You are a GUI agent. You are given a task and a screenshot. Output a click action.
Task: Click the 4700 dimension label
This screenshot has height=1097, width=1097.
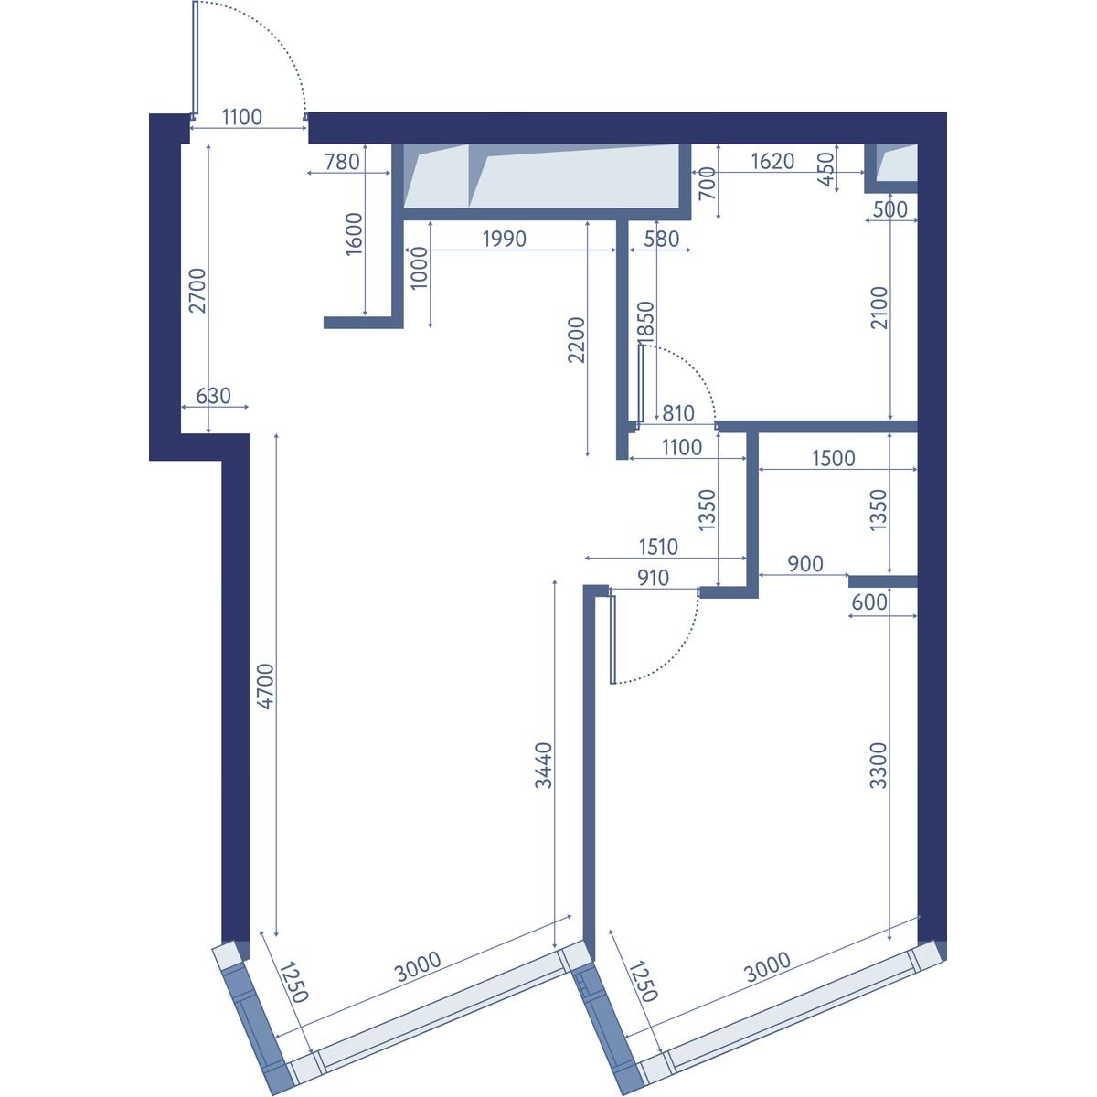(265, 686)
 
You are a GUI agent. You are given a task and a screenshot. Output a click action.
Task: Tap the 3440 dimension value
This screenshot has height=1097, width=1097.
(544, 765)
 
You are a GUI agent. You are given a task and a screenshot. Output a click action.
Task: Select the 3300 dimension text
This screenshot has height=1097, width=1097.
(879, 765)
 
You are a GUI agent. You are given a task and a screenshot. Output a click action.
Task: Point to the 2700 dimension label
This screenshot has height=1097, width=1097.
(198, 291)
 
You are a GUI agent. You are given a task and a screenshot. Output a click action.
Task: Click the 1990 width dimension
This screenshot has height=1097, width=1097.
(505, 240)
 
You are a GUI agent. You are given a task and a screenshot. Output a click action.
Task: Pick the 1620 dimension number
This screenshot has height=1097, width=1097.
(772, 162)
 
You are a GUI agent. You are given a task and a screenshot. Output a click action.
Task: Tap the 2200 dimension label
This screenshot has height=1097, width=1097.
(576, 340)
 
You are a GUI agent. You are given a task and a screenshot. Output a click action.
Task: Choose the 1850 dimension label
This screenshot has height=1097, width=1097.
(646, 324)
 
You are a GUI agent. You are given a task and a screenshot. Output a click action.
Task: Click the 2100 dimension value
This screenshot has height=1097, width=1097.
(879, 307)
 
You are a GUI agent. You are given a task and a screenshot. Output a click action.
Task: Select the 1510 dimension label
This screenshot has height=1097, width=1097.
(658, 547)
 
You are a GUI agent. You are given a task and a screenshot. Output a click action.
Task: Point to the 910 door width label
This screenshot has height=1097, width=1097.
(653, 579)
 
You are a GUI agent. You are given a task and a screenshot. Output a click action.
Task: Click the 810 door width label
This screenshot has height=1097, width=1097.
(678, 413)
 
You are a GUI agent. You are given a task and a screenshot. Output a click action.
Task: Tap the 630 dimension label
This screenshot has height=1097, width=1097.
(214, 396)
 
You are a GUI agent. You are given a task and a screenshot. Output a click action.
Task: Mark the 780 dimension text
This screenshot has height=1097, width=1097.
(342, 162)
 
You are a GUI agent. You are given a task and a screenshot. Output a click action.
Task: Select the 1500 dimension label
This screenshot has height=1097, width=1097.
(834, 458)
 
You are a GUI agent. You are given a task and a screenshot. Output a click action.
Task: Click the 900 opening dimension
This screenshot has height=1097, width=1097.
(805, 564)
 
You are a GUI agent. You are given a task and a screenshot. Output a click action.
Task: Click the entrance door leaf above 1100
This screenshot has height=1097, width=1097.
(196, 59)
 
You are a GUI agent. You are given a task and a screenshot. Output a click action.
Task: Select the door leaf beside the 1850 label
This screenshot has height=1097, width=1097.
(641, 384)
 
